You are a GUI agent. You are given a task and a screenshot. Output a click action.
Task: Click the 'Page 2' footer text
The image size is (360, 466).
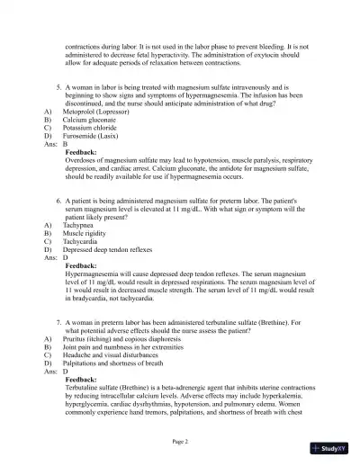pyautogui.click(x=180, y=442)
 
